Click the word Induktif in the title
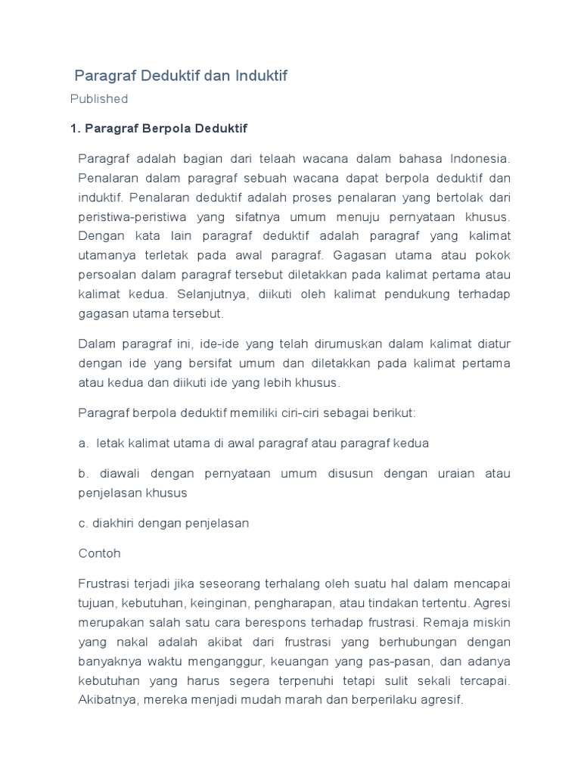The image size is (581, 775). click(262, 76)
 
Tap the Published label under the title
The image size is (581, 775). click(99, 98)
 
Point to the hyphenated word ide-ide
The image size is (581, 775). click(225, 344)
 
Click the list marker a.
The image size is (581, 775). click(83, 444)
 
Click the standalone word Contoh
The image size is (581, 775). click(100, 553)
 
